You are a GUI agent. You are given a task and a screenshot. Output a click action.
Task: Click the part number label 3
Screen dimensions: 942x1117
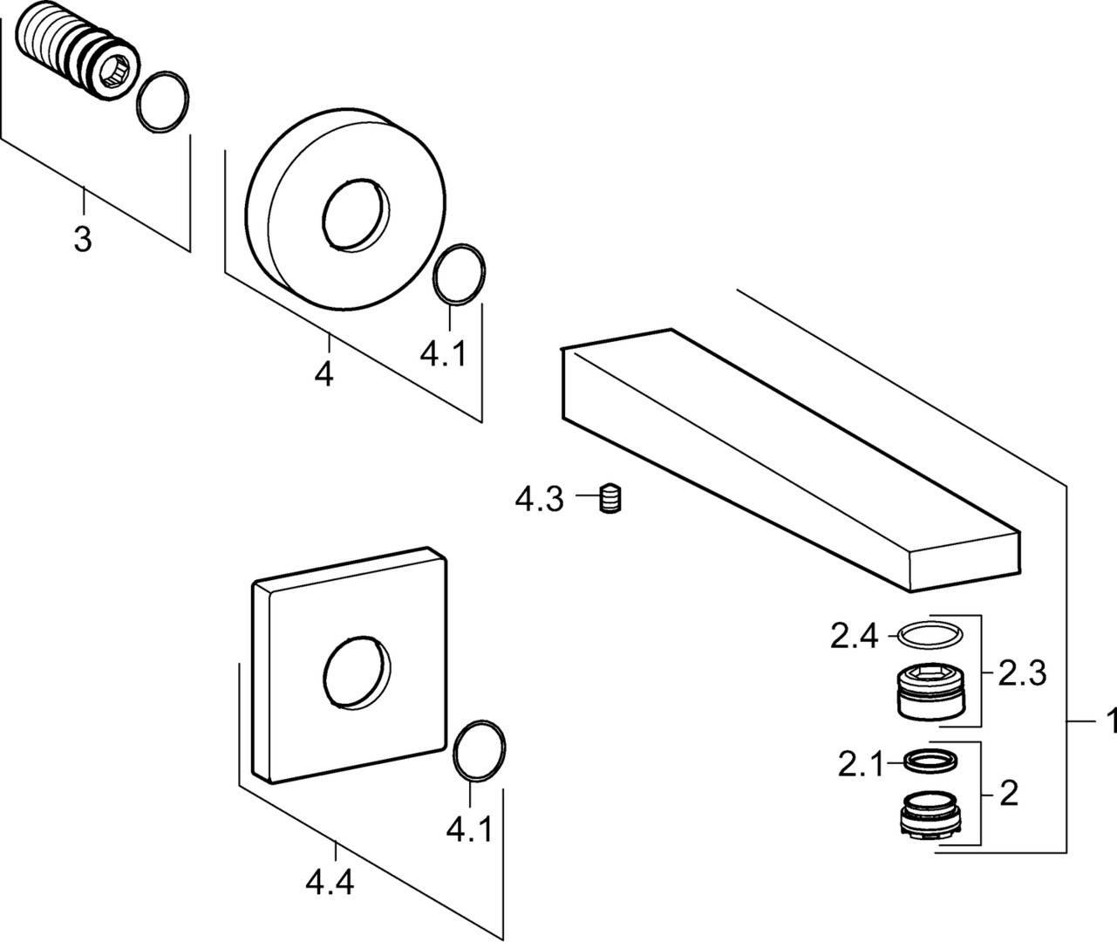tap(82, 238)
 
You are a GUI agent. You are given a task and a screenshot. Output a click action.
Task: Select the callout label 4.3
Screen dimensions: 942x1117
tap(539, 501)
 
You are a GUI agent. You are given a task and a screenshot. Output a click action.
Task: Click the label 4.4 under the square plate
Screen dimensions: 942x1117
tap(330, 884)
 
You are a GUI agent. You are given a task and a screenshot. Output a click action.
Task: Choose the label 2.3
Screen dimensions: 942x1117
tap(1022, 672)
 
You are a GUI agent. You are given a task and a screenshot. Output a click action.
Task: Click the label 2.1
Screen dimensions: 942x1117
tap(860, 765)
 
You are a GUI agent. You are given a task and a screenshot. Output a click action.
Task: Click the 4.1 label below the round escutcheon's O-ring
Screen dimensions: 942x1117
tap(444, 354)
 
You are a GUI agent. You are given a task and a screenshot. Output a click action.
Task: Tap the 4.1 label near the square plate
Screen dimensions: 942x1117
tap(469, 829)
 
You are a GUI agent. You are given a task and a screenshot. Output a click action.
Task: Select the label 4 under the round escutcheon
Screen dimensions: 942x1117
tap(324, 375)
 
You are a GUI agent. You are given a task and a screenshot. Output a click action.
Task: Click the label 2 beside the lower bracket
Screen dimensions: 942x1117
tap(1008, 794)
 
